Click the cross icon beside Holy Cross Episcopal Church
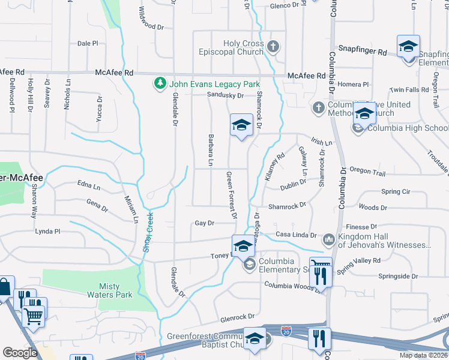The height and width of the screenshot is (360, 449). pos(273,46)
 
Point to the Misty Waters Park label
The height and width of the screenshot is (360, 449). pos(117,290)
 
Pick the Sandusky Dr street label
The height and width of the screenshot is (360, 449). pos(225,95)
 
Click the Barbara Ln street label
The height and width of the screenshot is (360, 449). pos(211,149)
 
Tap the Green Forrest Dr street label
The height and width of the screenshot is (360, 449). pos(231,194)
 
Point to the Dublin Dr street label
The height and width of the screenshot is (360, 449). pos(293,185)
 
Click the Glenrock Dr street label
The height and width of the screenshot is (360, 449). pos(237,316)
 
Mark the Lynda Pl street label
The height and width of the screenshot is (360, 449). pos(48,231)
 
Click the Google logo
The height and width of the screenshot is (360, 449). pos(20,353)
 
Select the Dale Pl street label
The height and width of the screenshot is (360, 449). pos(88,43)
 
